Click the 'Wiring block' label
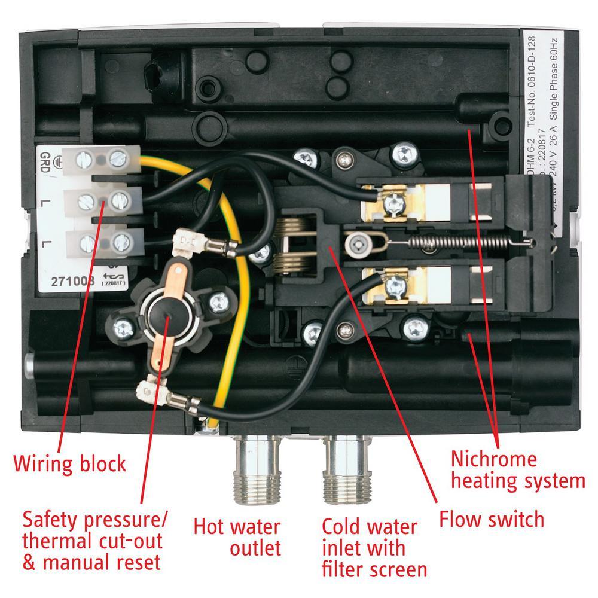70,463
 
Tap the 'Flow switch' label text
492,518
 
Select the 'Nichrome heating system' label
517,470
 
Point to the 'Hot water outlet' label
236,537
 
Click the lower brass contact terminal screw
394,286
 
